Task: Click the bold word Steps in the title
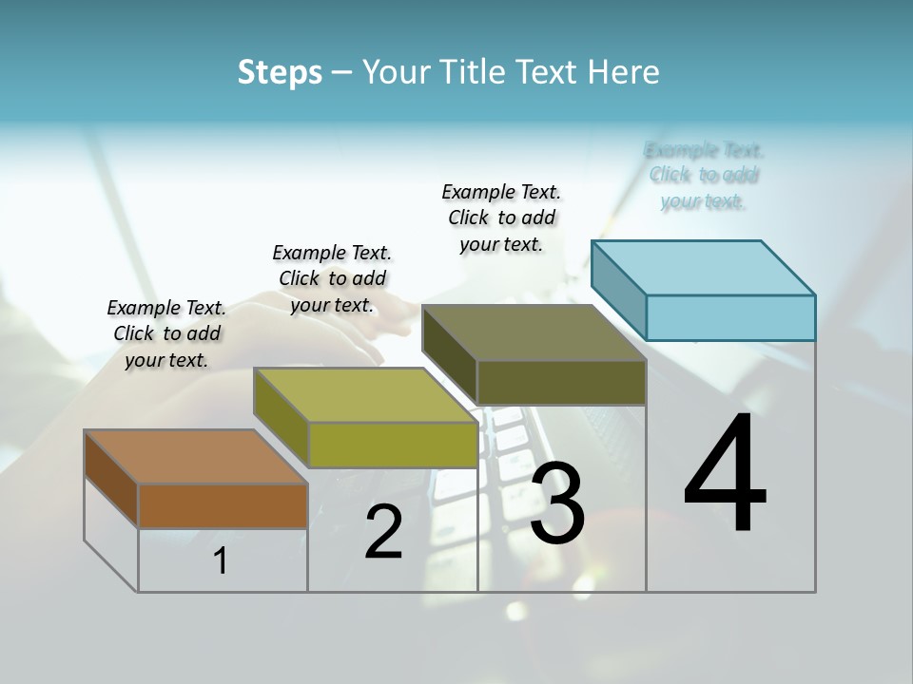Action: point(280,72)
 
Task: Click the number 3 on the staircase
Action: point(556,503)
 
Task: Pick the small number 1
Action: point(221,561)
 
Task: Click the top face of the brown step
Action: point(195,457)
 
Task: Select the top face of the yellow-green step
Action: point(365,395)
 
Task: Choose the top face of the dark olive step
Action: point(534,332)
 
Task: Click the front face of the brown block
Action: point(223,505)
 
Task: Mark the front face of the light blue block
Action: point(730,317)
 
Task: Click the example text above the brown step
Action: point(166,333)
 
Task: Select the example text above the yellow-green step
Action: point(332,278)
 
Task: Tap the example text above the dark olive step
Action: point(501,218)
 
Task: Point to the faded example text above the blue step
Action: point(704,175)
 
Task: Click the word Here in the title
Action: point(625,72)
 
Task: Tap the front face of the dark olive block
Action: point(561,382)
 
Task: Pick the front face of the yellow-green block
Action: point(393,445)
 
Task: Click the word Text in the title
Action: point(551,72)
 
